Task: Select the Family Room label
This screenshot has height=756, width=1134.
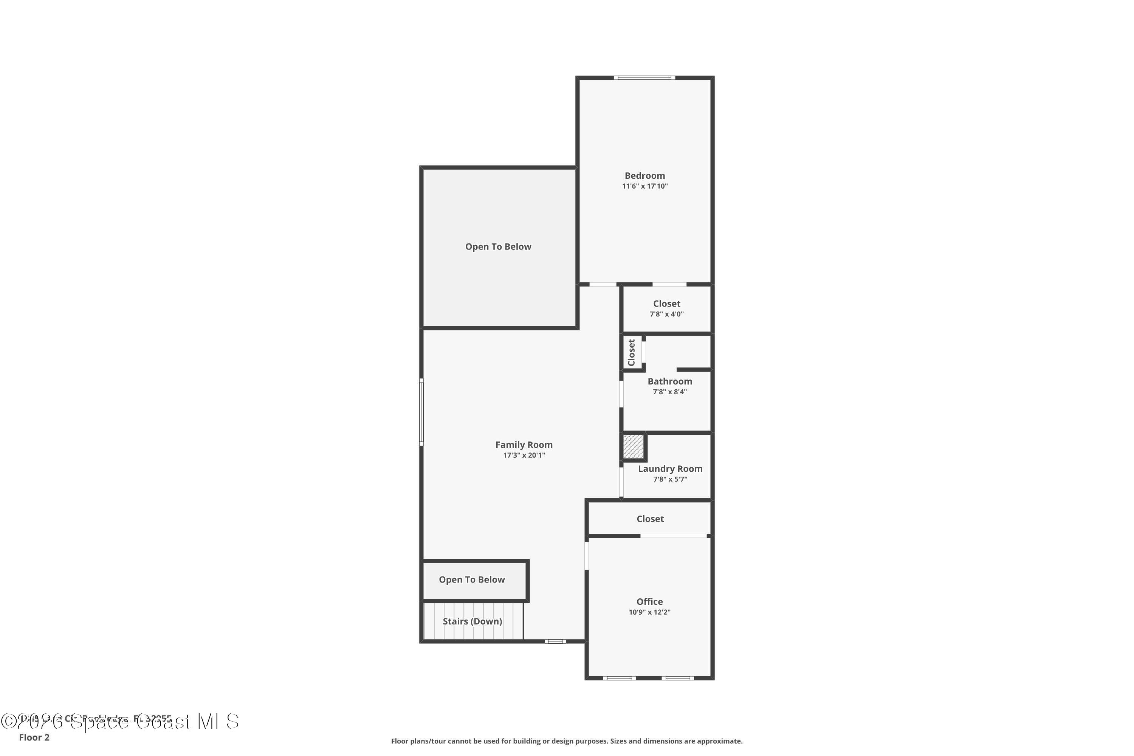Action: pyautogui.click(x=524, y=445)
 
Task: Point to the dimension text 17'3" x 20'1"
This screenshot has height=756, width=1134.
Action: pyautogui.click(x=524, y=455)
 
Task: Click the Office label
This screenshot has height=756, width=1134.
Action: pyautogui.click(x=649, y=602)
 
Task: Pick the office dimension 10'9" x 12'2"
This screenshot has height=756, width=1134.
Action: pyautogui.click(x=649, y=612)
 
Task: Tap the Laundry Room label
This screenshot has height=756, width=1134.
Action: pyautogui.click(x=670, y=469)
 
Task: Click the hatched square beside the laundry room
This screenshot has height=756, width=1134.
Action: pyautogui.click(x=633, y=446)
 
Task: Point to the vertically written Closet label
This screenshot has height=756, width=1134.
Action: pyautogui.click(x=631, y=352)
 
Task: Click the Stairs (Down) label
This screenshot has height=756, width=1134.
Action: pyautogui.click(x=472, y=621)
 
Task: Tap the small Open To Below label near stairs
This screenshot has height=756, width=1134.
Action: pyautogui.click(x=471, y=580)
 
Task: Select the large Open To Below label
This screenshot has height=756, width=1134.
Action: pyautogui.click(x=498, y=247)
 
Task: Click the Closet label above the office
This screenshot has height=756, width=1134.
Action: pyautogui.click(x=650, y=519)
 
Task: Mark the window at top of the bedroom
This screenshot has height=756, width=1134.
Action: pyautogui.click(x=644, y=77)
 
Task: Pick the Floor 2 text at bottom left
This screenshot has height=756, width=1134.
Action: pyautogui.click(x=34, y=737)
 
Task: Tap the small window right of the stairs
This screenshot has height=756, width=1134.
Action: pyautogui.click(x=555, y=641)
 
